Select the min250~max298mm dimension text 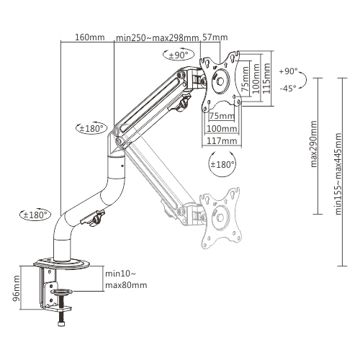coord(158,37)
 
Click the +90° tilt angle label coord(287,71)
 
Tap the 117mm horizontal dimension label coord(221,141)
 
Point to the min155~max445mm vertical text coord(337,170)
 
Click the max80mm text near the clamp coord(126,285)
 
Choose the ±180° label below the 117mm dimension coord(221,165)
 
